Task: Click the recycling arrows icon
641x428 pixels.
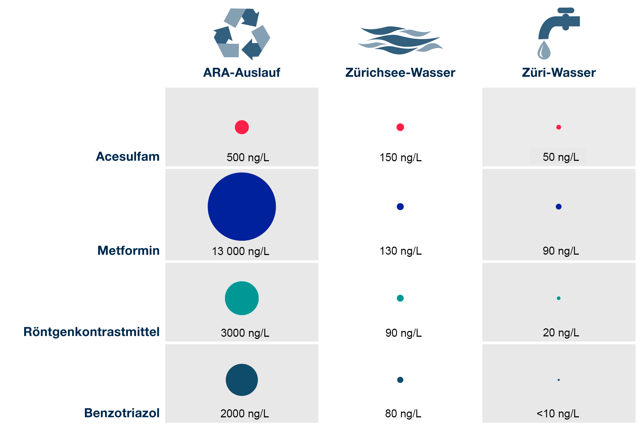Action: pyautogui.click(x=242, y=34)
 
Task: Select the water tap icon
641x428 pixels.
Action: pyautogui.click(x=558, y=33)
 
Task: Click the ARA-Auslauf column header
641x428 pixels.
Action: pyautogui.click(x=241, y=73)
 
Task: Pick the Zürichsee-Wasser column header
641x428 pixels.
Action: pyautogui.click(x=400, y=73)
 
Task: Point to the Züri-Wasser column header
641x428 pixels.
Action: pyautogui.click(x=558, y=73)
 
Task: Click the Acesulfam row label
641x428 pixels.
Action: pyautogui.click(x=128, y=156)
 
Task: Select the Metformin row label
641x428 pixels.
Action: pyautogui.click(x=128, y=251)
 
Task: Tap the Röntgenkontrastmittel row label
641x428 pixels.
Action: pyautogui.click(x=91, y=332)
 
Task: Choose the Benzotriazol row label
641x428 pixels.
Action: pyautogui.click(x=122, y=413)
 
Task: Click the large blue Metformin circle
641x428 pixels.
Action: pyautogui.click(x=241, y=207)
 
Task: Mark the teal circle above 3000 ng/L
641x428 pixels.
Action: pyautogui.click(x=241, y=298)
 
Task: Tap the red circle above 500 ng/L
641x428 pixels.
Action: pyautogui.click(x=241, y=127)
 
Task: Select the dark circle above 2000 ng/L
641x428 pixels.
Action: pyautogui.click(x=241, y=380)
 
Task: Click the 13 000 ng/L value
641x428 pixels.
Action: pyautogui.click(x=240, y=251)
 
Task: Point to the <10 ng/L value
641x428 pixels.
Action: pyautogui.click(x=558, y=414)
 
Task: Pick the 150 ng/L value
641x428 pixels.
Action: pyautogui.click(x=400, y=158)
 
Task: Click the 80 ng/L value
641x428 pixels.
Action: pyautogui.click(x=403, y=414)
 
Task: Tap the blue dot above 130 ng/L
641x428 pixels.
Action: pyautogui.click(x=400, y=207)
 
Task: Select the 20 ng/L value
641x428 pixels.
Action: pyautogui.click(x=561, y=333)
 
